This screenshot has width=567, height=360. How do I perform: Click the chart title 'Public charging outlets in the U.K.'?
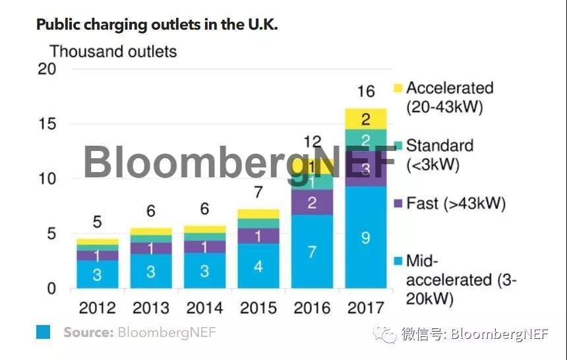click(x=158, y=24)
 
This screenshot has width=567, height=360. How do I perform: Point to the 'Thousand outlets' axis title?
click(x=113, y=51)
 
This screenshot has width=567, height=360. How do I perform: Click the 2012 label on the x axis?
click(x=97, y=308)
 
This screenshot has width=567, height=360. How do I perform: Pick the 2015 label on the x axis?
click(x=258, y=308)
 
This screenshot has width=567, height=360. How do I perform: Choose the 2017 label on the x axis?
click(x=365, y=308)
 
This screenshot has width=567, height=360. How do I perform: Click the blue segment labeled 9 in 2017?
click(x=365, y=237)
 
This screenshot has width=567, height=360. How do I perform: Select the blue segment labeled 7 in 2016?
click(x=312, y=251)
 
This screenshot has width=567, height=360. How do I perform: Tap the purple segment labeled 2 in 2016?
click(x=312, y=202)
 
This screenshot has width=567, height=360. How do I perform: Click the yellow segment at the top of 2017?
click(x=365, y=119)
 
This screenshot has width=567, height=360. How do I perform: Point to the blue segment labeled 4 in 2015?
click(x=258, y=266)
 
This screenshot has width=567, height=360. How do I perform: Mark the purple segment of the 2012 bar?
click(x=97, y=255)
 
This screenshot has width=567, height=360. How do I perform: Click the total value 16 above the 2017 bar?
click(x=365, y=92)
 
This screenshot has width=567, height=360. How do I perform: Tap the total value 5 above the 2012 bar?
click(x=97, y=222)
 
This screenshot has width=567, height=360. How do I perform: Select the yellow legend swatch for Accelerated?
click(x=398, y=88)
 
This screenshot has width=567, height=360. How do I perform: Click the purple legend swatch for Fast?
click(x=398, y=204)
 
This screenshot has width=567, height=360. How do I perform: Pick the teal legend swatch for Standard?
click(x=398, y=146)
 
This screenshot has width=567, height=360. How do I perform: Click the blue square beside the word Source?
click(x=43, y=332)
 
